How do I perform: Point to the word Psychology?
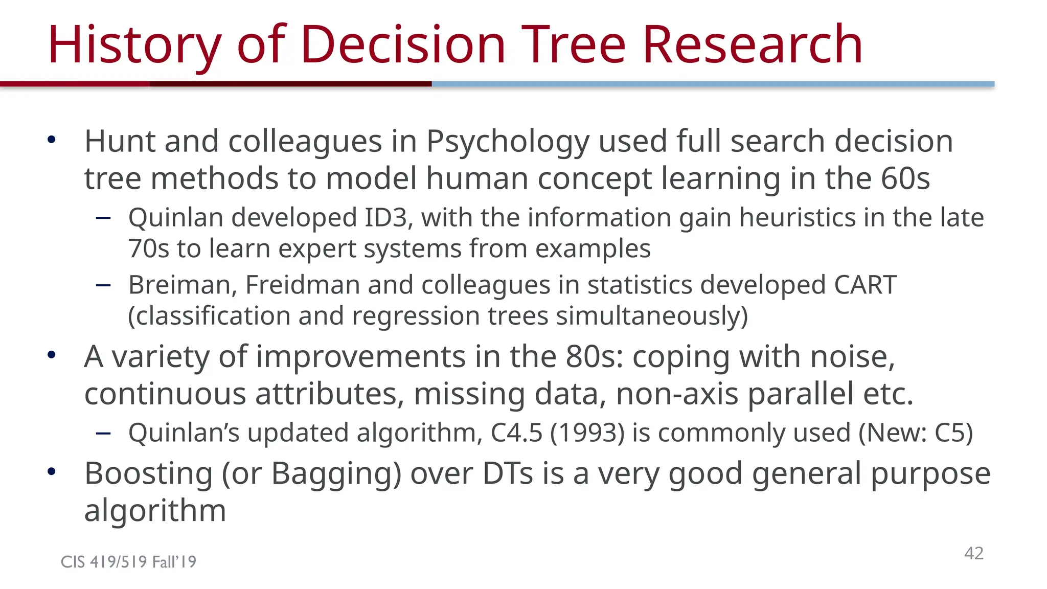(508, 142)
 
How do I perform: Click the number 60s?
(905, 178)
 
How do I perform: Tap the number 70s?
(148, 249)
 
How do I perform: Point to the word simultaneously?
(651, 316)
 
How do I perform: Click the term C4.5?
(516, 433)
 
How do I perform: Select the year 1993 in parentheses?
(587, 433)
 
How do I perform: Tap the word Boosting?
(148, 474)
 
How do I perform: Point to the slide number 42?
(973, 553)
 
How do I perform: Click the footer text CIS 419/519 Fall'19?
(128, 562)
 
